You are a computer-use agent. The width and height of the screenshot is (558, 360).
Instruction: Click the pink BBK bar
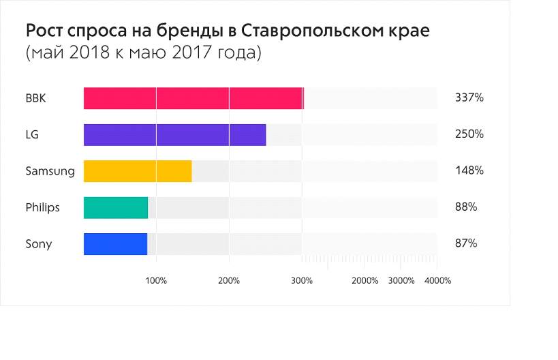pos(193,98)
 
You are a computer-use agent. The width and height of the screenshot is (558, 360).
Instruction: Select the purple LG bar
pos(174,134)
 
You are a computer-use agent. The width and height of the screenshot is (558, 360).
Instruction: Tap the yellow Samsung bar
pos(138,171)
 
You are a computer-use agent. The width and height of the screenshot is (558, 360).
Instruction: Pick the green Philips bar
pos(116,207)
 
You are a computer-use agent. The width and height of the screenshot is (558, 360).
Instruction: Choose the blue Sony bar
pos(115,244)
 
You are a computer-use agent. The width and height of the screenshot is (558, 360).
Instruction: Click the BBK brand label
pos(36,98)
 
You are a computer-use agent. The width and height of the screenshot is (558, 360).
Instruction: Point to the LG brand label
pos(32,134)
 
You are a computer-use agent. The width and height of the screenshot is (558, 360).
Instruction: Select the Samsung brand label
pos(50,171)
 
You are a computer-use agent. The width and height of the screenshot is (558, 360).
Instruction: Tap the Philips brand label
pos(42,207)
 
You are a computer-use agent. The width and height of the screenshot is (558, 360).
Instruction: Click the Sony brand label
pos(38,244)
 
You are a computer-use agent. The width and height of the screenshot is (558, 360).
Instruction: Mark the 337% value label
pos(469,98)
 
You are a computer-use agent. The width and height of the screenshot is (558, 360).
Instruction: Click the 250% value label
pos(469,134)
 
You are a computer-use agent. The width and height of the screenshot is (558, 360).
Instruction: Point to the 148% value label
pos(469,171)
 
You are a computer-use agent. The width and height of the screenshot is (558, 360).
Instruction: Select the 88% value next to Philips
pos(466,207)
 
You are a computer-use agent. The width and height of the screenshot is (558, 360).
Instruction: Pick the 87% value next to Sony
pos(466,244)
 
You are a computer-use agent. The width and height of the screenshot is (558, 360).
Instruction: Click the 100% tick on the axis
pos(157,280)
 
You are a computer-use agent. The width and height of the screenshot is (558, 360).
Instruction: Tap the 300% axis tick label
pos(302,280)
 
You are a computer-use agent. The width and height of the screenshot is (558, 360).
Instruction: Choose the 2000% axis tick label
pos(365,280)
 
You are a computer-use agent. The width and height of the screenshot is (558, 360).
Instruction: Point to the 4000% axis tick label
pos(437,280)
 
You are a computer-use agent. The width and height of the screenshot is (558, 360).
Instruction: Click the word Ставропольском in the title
pos(315,32)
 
